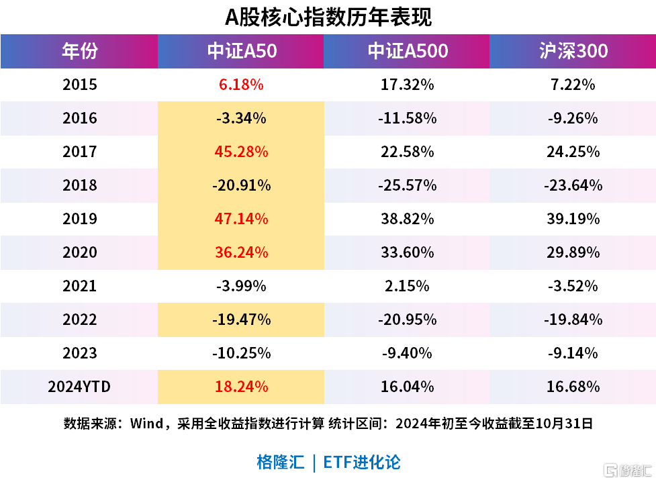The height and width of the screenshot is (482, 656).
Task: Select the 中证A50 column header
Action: pyautogui.click(x=241, y=51)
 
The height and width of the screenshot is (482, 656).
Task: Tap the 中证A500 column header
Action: pyautogui.click(x=407, y=51)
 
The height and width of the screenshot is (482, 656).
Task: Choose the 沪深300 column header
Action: pyautogui.click(x=573, y=51)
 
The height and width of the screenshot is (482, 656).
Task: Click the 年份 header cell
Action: pyautogui.click(x=79, y=51)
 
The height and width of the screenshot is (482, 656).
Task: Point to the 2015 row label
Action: pyautogui.click(x=79, y=85)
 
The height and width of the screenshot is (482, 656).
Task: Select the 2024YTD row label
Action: pyautogui.click(x=79, y=387)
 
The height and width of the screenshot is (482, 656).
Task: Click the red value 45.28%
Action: pyautogui.click(x=241, y=152)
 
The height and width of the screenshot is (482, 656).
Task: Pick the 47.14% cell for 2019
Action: pyautogui.click(x=241, y=219)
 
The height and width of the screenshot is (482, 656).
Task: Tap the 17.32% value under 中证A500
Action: pyautogui.click(x=407, y=85)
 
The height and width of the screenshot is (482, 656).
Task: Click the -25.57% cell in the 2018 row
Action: pyautogui.click(x=407, y=185)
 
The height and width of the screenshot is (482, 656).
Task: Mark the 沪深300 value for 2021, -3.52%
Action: pyautogui.click(x=573, y=286)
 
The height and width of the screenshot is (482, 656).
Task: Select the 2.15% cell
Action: pyautogui.click(x=407, y=286)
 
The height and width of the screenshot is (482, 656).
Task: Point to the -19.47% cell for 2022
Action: pyautogui.click(x=241, y=320)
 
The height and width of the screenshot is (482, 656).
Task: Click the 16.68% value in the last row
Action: pyautogui.click(x=573, y=387)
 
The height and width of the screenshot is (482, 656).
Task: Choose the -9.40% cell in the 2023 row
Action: pyautogui.click(x=407, y=353)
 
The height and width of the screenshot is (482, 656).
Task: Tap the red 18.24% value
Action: pyautogui.click(x=241, y=387)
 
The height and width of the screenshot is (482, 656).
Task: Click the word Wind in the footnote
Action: pyautogui.click(x=146, y=424)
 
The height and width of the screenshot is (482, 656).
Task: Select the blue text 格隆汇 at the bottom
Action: pyautogui.click(x=280, y=462)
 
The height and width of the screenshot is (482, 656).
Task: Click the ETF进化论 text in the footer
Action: pyautogui.click(x=362, y=462)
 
